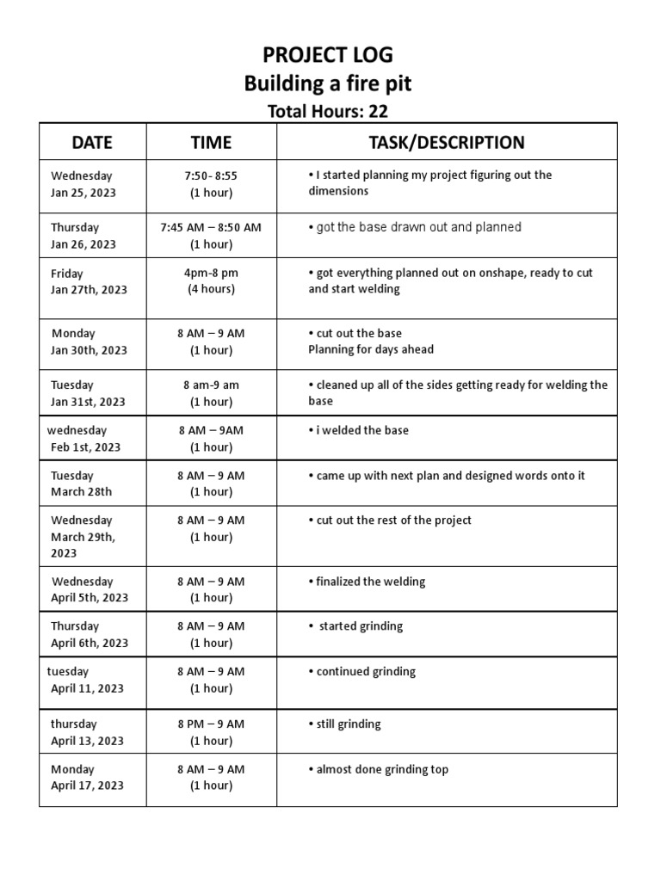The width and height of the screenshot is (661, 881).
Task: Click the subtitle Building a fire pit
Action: point(327,83)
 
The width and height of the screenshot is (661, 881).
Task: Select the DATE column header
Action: point(92,142)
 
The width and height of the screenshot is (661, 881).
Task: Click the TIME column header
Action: point(211,142)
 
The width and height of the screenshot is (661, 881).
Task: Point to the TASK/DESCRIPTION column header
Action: point(446,142)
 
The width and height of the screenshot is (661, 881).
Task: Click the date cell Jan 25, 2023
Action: point(83,193)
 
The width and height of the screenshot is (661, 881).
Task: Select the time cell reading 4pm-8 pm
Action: point(211,273)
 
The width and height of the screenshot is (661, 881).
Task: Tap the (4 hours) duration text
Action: point(211,289)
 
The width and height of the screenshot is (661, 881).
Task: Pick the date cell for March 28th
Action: point(81,492)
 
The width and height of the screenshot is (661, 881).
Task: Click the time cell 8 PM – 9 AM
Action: point(211,724)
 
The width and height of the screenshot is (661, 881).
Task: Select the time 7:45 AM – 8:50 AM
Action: point(211,227)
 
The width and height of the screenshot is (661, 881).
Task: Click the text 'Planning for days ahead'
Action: point(371,349)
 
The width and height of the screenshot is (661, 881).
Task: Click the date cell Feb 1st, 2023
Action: point(85,447)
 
